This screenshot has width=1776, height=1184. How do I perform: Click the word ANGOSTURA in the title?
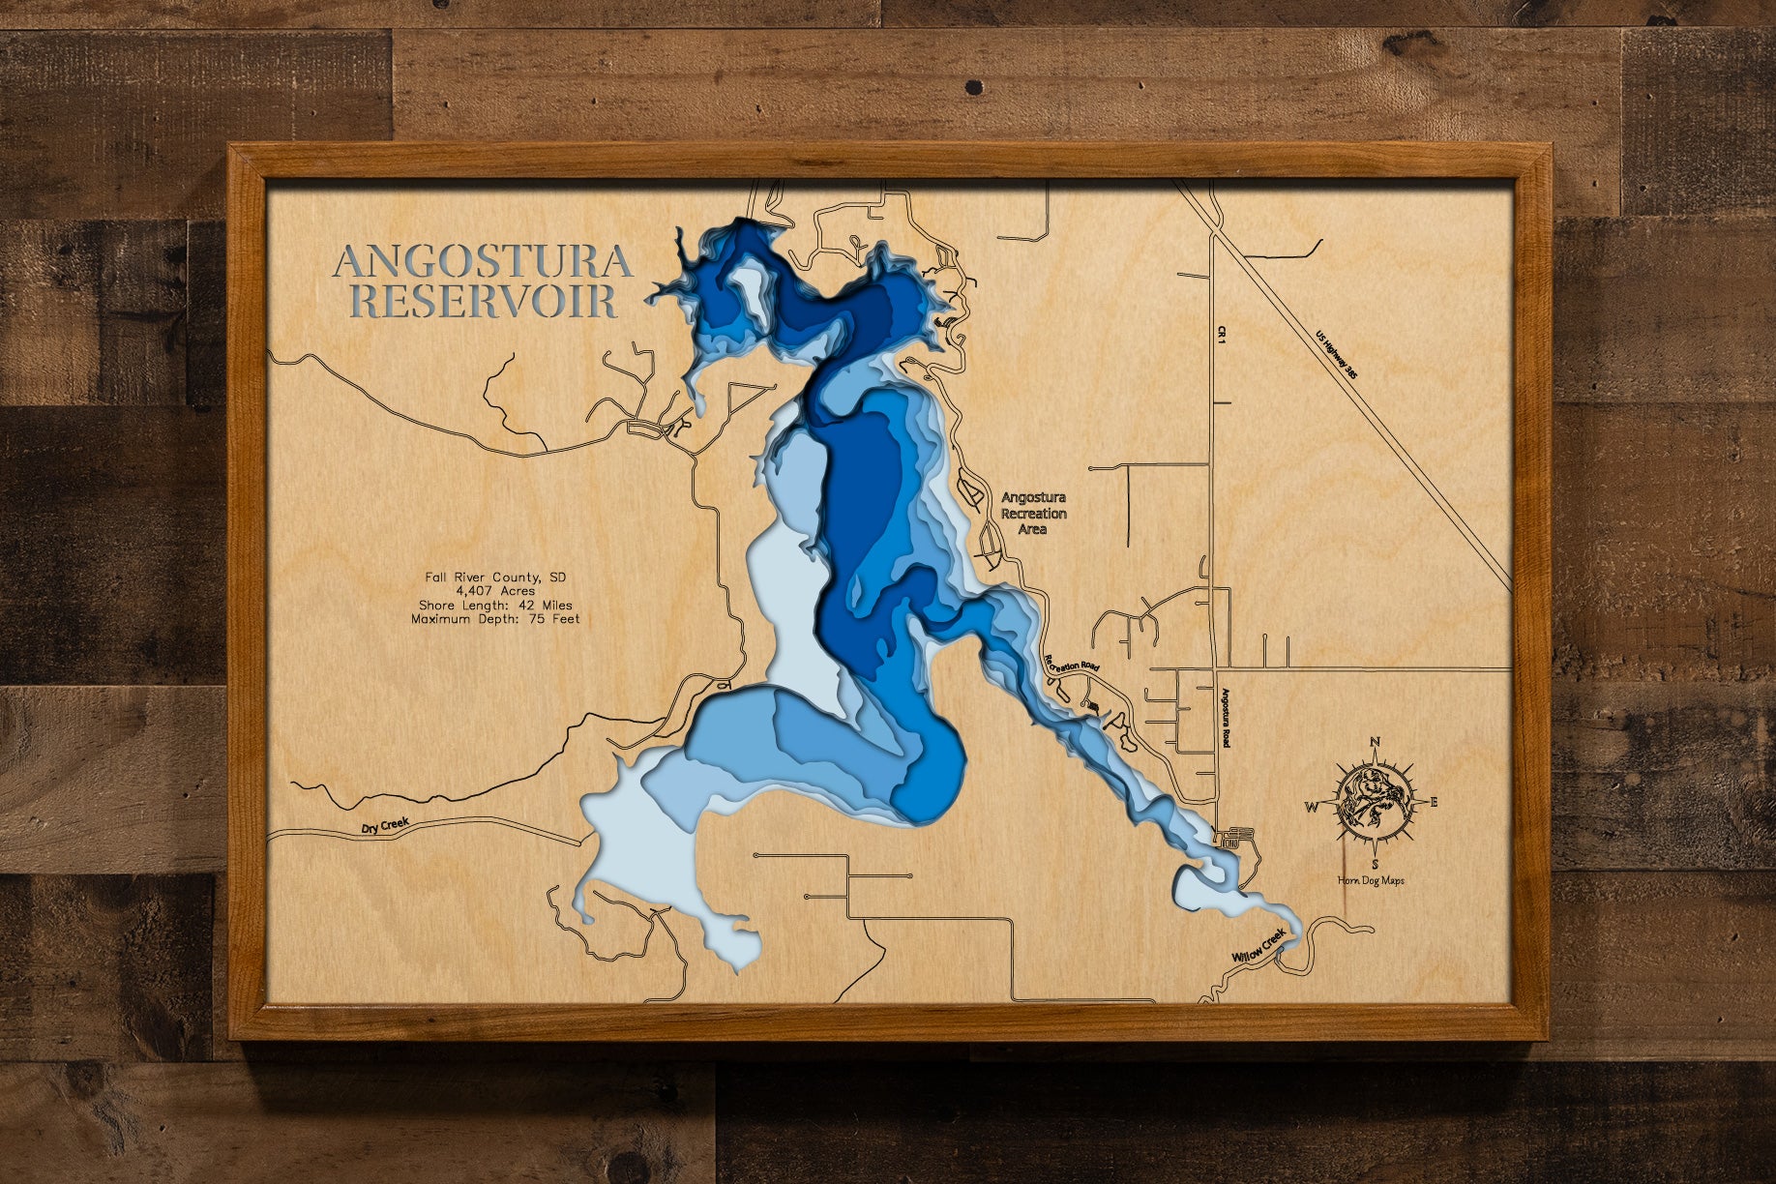[x=483, y=262]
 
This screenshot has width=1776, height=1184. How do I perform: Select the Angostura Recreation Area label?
[x=1033, y=514]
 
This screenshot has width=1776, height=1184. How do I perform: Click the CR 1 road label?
[x=1222, y=335]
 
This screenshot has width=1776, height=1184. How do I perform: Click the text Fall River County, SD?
[x=495, y=577]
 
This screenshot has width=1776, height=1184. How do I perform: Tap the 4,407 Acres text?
[x=495, y=591]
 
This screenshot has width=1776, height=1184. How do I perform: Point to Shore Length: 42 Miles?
[x=495, y=605]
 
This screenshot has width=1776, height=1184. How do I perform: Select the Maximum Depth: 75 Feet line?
[x=495, y=618]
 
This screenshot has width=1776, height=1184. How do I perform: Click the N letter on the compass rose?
[x=1375, y=743]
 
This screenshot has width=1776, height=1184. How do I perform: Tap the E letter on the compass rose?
[x=1434, y=802]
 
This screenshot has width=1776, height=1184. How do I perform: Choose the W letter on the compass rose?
[x=1313, y=806]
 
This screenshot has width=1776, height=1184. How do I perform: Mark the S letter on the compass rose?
[x=1375, y=864]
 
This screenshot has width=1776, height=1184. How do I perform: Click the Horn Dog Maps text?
[x=1371, y=880]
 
